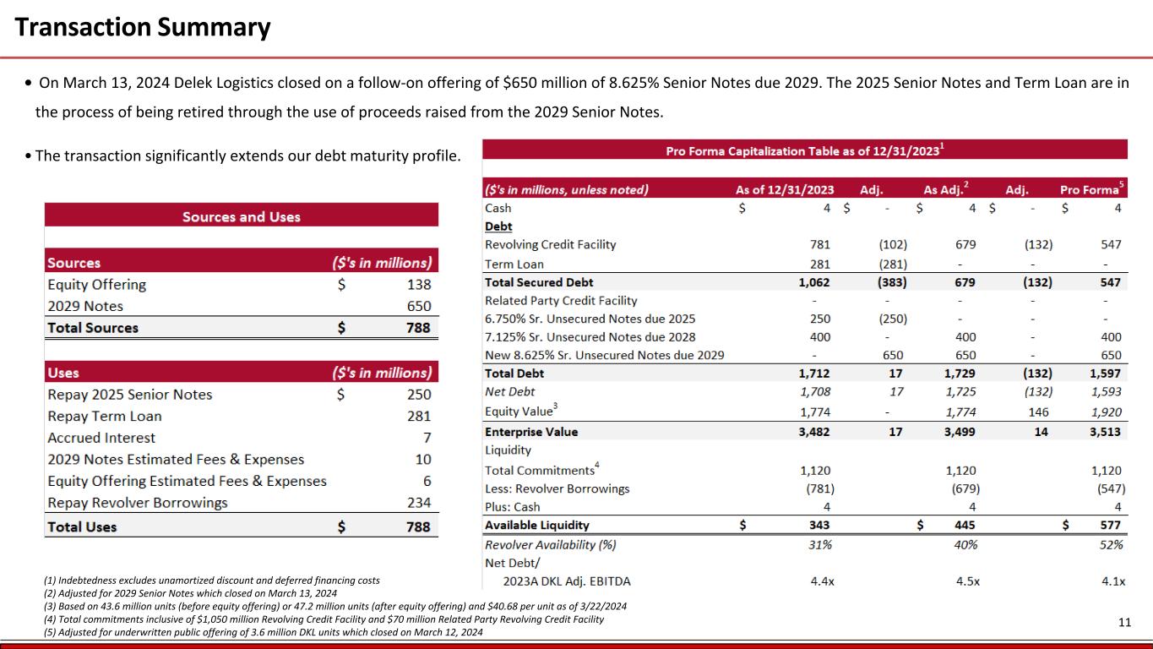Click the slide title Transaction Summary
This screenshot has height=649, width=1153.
(x=143, y=28)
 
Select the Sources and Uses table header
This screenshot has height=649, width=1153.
(x=242, y=217)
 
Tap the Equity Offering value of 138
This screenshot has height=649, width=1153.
(x=418, y=285)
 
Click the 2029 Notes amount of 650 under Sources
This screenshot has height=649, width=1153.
(x=418, y=306)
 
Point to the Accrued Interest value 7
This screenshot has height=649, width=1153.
(x=427, y=438)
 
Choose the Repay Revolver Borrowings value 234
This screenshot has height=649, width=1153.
(x=418, y=503)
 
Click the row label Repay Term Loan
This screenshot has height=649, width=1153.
(x=105, y=416)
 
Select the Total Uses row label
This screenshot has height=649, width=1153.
(x=83, y=526)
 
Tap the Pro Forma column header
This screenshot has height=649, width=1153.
(x=1090, y=190)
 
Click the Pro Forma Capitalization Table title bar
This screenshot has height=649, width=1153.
(x=804, y=150)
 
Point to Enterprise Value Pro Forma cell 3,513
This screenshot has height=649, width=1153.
(x=1105, y=432)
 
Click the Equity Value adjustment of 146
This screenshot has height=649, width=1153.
(x=1041, y=412)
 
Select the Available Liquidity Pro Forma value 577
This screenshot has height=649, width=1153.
(x=1110, y=526)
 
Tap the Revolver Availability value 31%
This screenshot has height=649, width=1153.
(x=819, y=545)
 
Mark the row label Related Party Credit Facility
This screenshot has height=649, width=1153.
(x=561, y=300)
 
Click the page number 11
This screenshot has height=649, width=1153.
(x=1124, y=623)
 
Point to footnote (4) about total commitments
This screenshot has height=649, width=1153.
(x=324, y=619)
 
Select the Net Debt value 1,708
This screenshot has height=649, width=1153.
(x=815, y=392)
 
